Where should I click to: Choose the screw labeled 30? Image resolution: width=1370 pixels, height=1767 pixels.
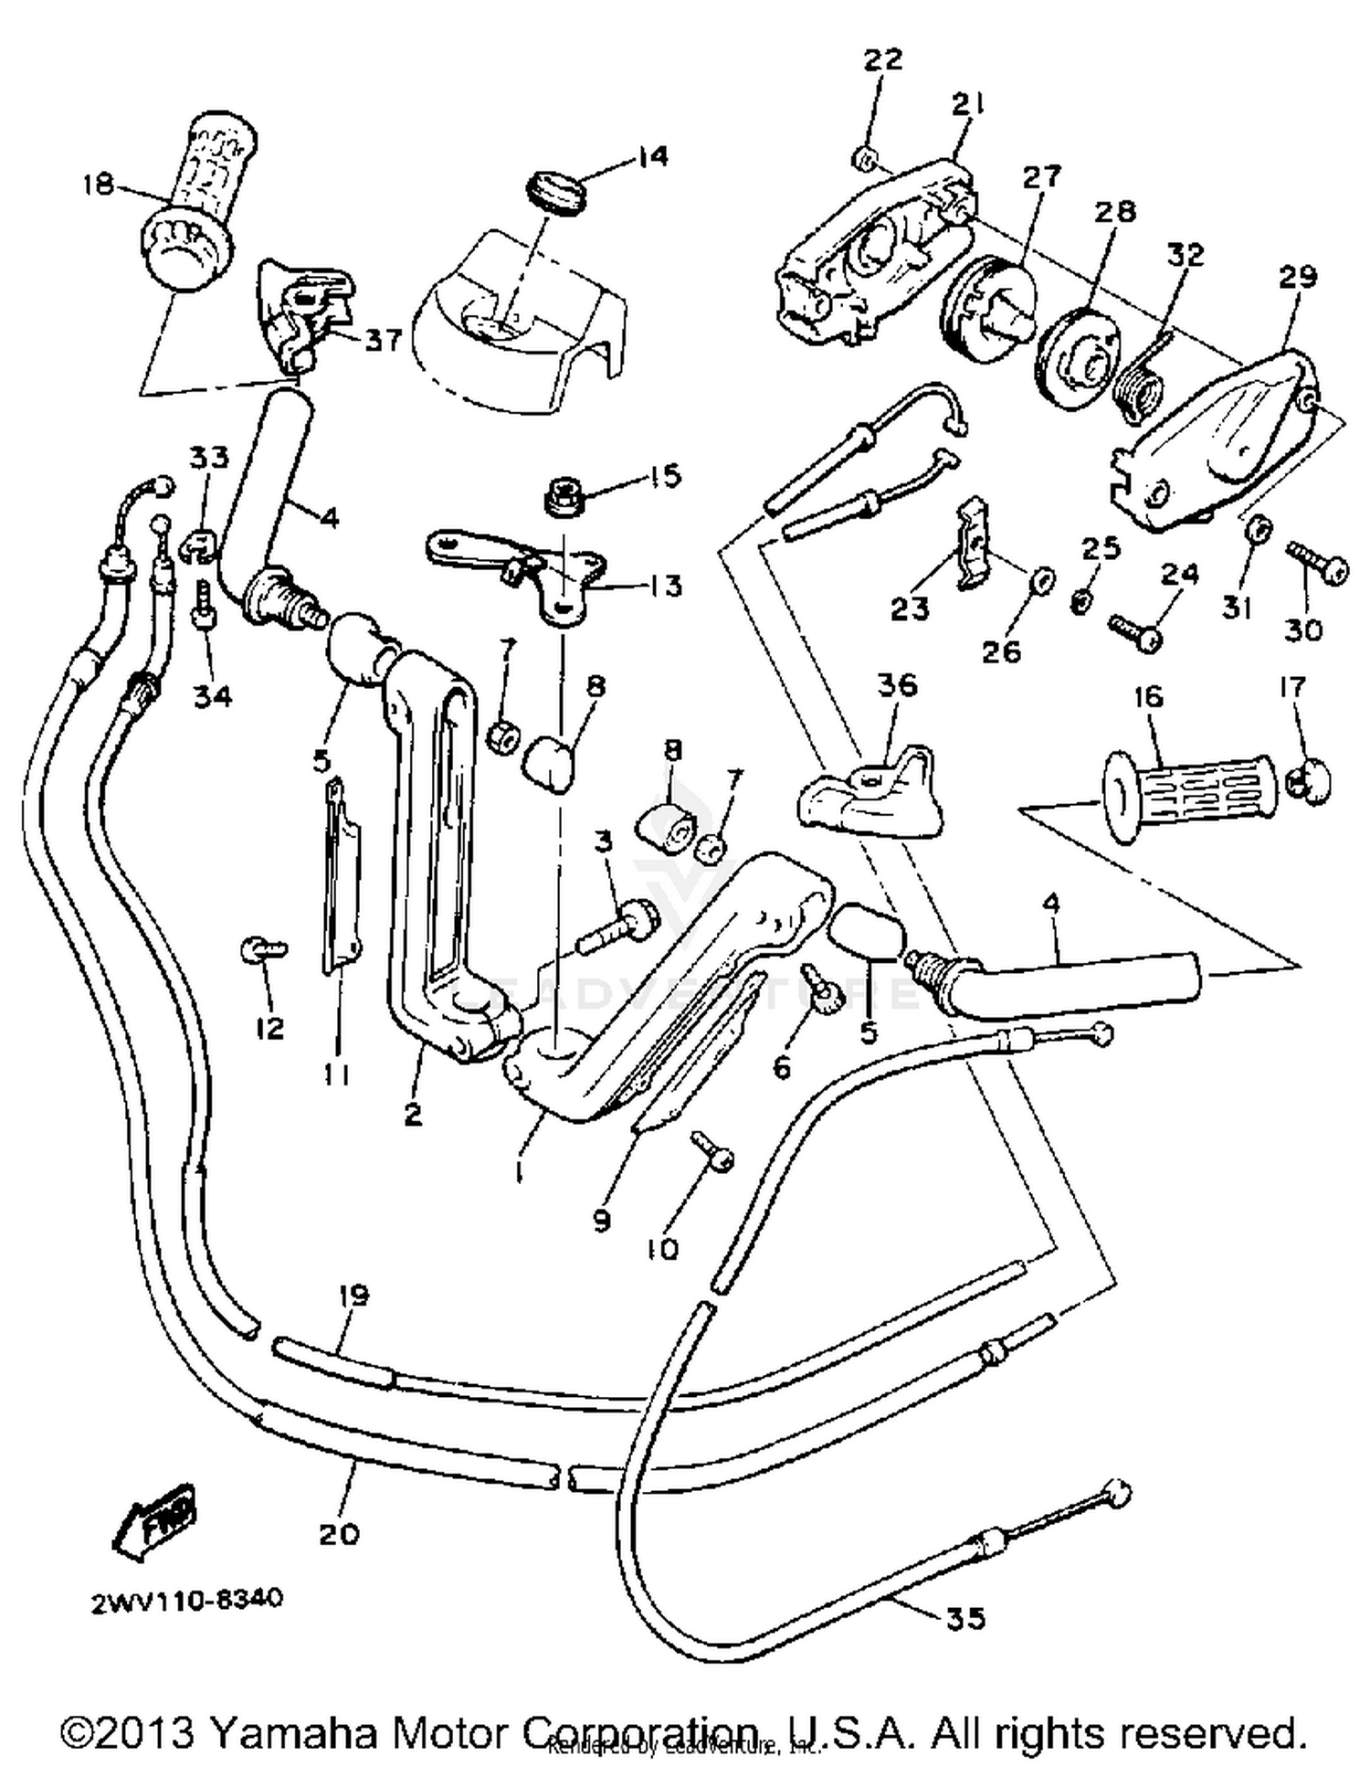(1316, 562)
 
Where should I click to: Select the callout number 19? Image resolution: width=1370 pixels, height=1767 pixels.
(353, 1295)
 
